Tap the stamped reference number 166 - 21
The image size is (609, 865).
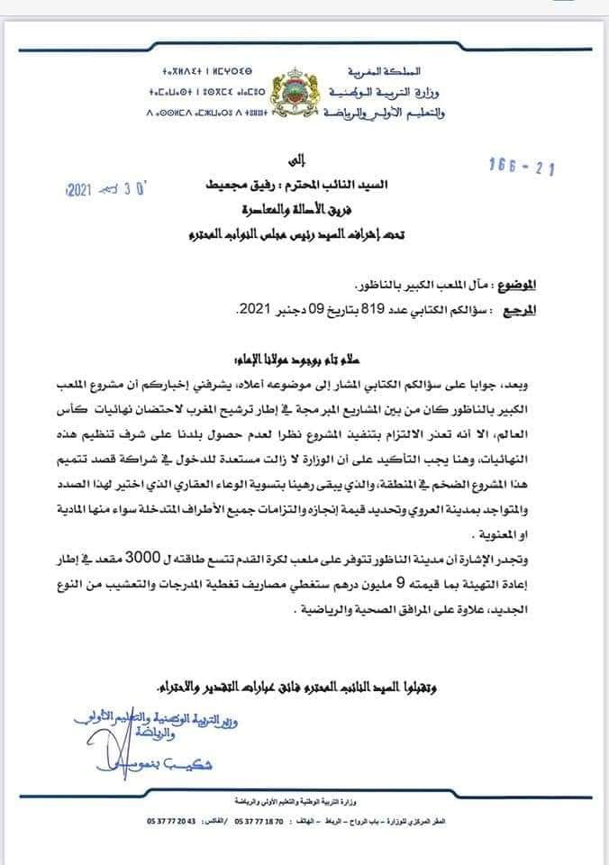(522, 167)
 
